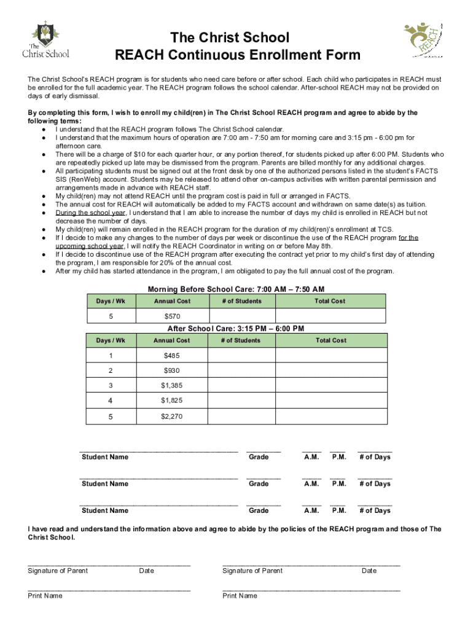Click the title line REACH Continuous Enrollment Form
pyautogui.click(x=238, y=56)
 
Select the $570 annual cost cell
pyautogui.click(x=171, y=316)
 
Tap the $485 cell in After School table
pyautogui.click(x=171, y=356)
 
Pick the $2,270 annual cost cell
pyautogui.click(x=171, y=416)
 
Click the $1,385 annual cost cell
pyautogui.click(x=171, y=386)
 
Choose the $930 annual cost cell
pyautogui.click(x=171, y=371)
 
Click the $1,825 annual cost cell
pyautogui.click(x=171, y=401)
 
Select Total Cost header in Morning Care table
pyautogui.click(x=330, y=301)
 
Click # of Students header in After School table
pyautogui.click(x=241, y=340)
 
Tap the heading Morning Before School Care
pyautogui.click(x=236, y=289)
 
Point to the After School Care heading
pyautogui.click(x=236, y=329)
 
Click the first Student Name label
pyautogui.click(x=105, y=457)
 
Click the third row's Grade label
pyautogui.click(x=259, y=510)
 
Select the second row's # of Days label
pyautogui.click(x=375, y=484)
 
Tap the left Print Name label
pyautogui.click(x=45, y=596)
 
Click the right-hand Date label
pyautogui.click(x=369, y=571)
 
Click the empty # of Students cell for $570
pyautogui.click(x=241, y=316)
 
